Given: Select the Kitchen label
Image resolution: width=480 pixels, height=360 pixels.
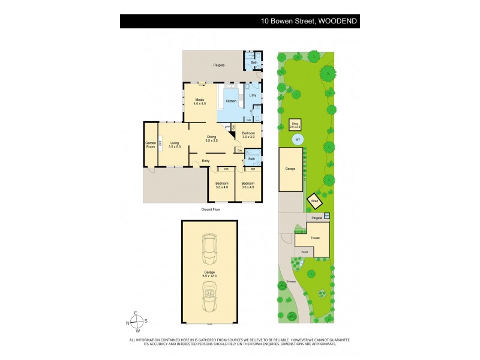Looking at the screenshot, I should point(231,101).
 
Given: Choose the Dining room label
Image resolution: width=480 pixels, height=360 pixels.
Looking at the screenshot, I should point(211,138).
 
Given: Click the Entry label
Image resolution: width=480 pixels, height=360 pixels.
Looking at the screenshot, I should point(206,161).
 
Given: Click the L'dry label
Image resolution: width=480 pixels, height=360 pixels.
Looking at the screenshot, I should point(253,95).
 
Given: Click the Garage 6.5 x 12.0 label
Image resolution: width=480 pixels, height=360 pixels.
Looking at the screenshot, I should point(209,273).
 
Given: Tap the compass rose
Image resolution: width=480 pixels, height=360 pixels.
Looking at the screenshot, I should point(137,322).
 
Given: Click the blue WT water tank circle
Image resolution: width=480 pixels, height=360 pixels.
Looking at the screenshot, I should point(296,140).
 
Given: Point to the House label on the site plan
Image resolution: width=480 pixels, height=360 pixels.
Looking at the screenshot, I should point(315,238).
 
